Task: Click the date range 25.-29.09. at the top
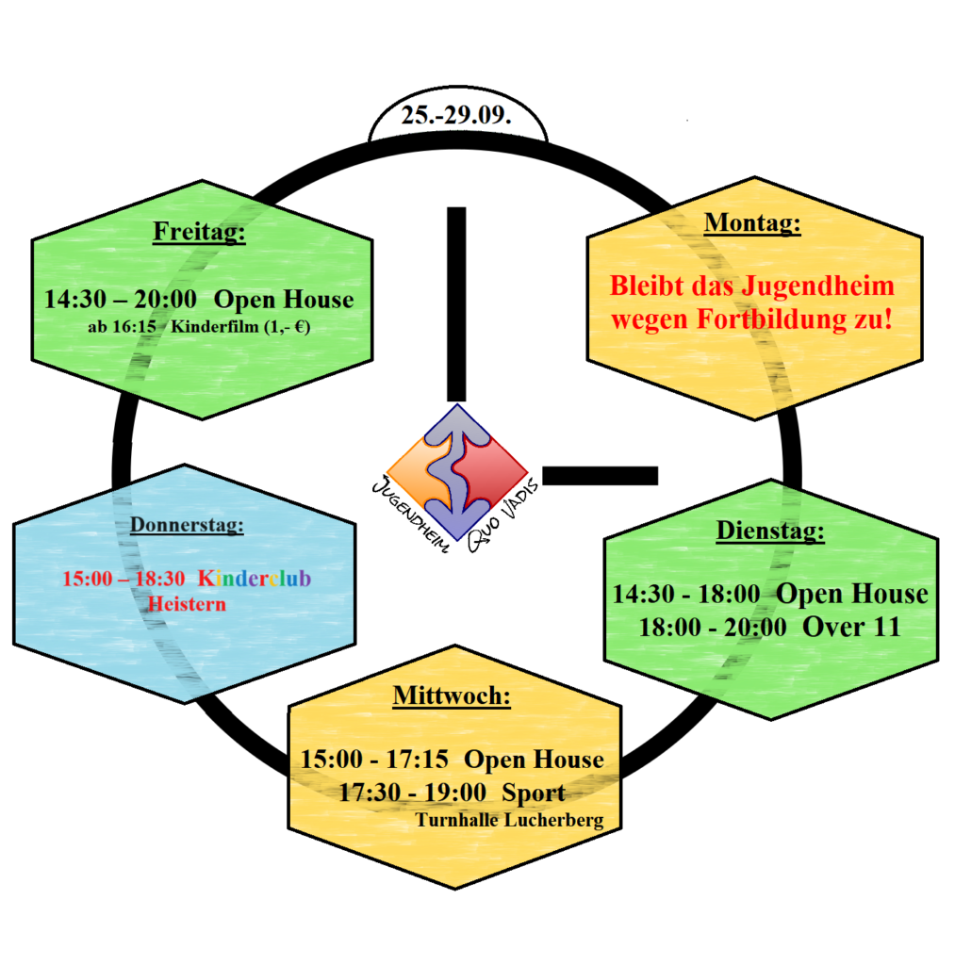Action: (x=456, y=115)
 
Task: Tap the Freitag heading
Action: (x=199, y=232)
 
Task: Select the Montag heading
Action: (x=752, y=222)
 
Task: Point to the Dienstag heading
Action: (x=770, y=531)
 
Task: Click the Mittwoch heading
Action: (x=452, y=695)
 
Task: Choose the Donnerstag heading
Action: (x=187, y=525)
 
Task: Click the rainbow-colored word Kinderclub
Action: (x=255, y=579)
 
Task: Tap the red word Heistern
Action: (x=188, y=604)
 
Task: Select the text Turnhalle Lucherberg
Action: (x=509, y=821)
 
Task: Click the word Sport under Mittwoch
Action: (x=534, y=793)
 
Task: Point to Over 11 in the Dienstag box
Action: (x=851, y=627)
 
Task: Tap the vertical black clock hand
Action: (x=456, y=304)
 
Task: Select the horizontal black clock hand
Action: (x=601, y=476)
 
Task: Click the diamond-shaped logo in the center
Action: (x=457, y=472)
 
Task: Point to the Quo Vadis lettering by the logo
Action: (x=502, y=516)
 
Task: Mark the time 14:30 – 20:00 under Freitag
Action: (x=121, y=299)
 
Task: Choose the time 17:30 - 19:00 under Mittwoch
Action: (x=413, y=793)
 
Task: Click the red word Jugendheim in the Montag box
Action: (x=817, y=286)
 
